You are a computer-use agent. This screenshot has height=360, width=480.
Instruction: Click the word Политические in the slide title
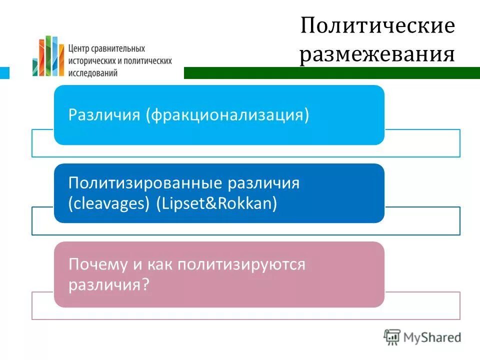377,26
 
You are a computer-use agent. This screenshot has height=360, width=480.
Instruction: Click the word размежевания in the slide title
377,54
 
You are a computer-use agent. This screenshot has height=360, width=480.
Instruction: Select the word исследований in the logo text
93,72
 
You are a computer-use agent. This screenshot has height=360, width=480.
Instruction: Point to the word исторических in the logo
92,60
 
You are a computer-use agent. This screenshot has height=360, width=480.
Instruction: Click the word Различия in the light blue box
104,115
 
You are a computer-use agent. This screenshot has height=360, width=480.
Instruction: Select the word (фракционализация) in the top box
227,115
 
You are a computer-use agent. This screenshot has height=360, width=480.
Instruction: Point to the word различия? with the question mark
109,285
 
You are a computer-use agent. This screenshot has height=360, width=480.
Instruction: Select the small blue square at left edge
4,73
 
